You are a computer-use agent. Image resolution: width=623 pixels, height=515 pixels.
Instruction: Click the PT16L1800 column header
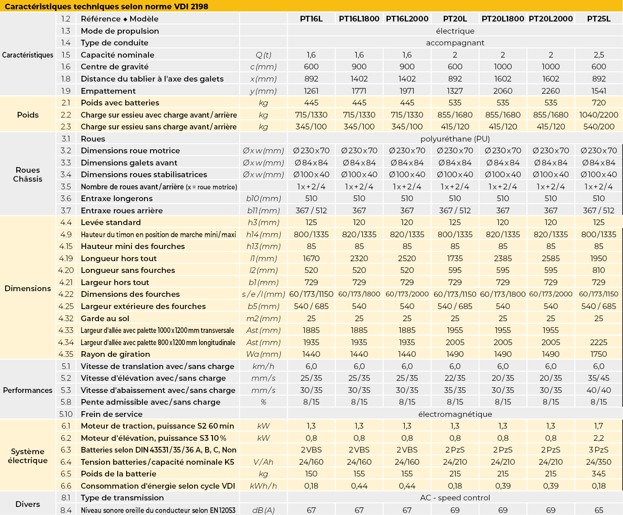pyautogui.click(x=359, y=19)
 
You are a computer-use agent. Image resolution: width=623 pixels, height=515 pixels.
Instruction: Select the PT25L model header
pyautogui.click(x=599, y=19)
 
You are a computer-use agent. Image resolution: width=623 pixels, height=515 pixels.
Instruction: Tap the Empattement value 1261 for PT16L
pyautogui.click(x=311, y=91)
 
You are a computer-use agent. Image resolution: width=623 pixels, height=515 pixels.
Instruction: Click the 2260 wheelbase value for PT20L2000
pyautogui.click(x=550, y=91)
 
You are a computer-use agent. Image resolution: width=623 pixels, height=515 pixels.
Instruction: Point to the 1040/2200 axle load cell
pyautogui.click(x=599, y=115)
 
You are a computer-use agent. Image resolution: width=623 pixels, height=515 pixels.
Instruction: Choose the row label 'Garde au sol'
pyautogui.click(x=105, y=318)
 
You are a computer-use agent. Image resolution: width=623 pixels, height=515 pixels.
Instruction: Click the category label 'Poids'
pyautogui.click(x=28, y=115)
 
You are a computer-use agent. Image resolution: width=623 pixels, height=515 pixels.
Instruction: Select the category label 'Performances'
pyautogui.click(x=28, y=390)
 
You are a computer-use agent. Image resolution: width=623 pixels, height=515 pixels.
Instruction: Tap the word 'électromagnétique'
pyautogui.click(x=455, y=414)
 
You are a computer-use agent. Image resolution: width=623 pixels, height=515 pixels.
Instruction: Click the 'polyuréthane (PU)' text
pyautogui.click(x=455, y=139)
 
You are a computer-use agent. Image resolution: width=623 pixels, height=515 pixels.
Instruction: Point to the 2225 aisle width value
pyautogui.click(x=599, y=342)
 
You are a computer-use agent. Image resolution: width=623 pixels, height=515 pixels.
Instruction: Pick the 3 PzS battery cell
pyautogui.click(x=599, y=450)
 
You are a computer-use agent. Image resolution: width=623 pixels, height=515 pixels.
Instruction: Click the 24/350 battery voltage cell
pyautogui.click(x=599, y=462)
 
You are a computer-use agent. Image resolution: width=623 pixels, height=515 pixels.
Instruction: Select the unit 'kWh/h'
pyautogui.click(x=264, y=486)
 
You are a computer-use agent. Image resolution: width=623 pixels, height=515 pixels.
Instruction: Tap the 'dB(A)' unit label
pyautogui.click(x=264, y=510)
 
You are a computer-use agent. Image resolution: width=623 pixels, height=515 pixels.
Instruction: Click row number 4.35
pyautogui.click(x=66, y=354)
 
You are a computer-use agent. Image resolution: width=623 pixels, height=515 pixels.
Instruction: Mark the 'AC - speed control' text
pyautogui.click(x=455, y=498)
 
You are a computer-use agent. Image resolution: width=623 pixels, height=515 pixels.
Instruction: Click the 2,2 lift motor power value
pyautogui.click(x=599, y=438)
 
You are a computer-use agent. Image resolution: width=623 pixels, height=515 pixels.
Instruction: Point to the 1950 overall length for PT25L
pyautogui.click(x=599, y=258)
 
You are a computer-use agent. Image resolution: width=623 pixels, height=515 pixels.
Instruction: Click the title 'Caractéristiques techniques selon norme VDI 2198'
pyautogui.click(x=107, y=6)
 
